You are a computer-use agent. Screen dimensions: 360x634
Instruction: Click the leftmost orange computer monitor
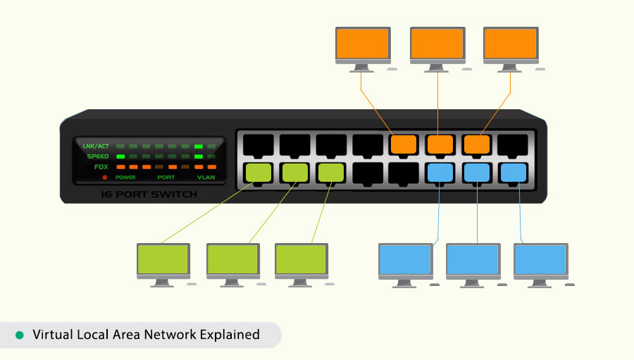362,44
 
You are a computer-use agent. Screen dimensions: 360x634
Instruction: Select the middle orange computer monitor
437,44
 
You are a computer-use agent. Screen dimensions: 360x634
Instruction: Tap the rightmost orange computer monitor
511,44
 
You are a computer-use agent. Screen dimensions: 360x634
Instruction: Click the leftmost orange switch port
404,144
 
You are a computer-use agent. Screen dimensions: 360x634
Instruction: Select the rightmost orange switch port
477,144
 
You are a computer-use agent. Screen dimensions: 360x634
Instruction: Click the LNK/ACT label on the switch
96,146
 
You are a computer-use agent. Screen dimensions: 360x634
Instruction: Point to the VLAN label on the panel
206,178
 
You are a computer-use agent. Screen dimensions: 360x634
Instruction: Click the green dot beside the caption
20,335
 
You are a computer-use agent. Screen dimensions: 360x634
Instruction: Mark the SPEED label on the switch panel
97,156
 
